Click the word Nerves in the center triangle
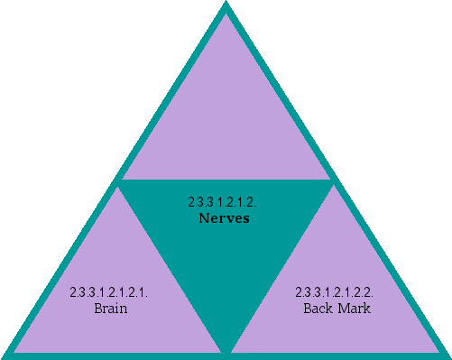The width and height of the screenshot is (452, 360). (x=226, y=218)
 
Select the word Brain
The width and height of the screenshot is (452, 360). (x=110, y=309)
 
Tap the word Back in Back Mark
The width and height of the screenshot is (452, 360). (x=318, y=309)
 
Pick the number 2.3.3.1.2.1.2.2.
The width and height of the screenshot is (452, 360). (x=335, y=293)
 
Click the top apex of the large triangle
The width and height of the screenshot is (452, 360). (x=226, y=5)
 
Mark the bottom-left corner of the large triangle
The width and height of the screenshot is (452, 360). (x=5, y=354)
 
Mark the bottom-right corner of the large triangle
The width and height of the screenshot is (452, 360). (x=446, y=354)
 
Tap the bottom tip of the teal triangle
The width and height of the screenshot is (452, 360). (x=226, y=347)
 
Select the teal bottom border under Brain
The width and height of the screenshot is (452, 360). (x=113, y=353)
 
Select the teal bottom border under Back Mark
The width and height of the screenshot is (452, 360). (x=338, y=353)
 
